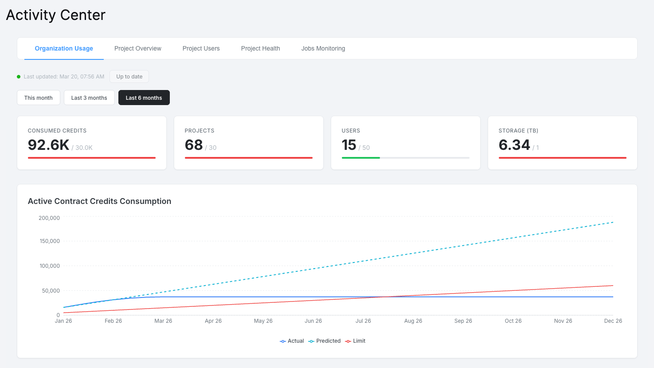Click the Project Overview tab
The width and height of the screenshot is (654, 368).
point(137,48)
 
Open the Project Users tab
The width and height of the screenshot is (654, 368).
point(201,48)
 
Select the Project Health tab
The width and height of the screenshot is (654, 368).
point(260,48)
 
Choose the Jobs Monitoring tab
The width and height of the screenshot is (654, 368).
point(323,48)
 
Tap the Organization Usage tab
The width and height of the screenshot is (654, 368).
point(64,48)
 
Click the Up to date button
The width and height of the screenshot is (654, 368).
point(129,76)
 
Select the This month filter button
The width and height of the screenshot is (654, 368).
point(39,98)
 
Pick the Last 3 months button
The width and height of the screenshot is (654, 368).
point(89,98)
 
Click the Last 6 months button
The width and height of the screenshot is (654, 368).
point(144,98)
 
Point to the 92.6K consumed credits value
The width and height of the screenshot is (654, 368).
point(48,145)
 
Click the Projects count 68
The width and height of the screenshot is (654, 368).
point(194,145)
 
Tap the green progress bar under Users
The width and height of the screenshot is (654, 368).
point(360,158)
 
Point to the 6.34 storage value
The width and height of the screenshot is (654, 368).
point(514,145)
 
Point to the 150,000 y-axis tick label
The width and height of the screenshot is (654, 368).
point(49,241)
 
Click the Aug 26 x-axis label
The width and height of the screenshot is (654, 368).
point(413,321)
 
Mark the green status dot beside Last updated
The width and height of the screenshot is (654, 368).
point(19,77)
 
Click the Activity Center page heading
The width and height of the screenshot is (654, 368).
point(56,15)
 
